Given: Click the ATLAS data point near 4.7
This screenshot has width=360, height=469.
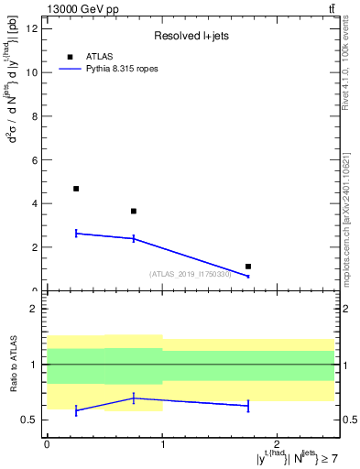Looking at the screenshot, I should [x=76, y=189].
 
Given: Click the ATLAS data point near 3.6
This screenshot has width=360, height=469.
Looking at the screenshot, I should [x=134, y=212].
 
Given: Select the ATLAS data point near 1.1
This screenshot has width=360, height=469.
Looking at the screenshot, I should [x=248, y=267].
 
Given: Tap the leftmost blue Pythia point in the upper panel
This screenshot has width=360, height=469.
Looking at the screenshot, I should [x=76, y=234].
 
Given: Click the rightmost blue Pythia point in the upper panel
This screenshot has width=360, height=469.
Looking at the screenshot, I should [x=248, y=276].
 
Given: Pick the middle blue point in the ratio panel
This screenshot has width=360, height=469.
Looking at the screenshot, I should [x=134, y=398].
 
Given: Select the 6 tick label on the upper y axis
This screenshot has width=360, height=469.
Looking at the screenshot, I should [x=38, y=159].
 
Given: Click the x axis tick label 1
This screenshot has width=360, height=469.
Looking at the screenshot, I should [x=162, y=443].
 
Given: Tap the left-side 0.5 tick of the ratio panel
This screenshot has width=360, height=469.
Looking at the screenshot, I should [x=32, y=420].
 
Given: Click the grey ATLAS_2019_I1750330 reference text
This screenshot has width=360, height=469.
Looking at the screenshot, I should [x=191, y=273].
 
